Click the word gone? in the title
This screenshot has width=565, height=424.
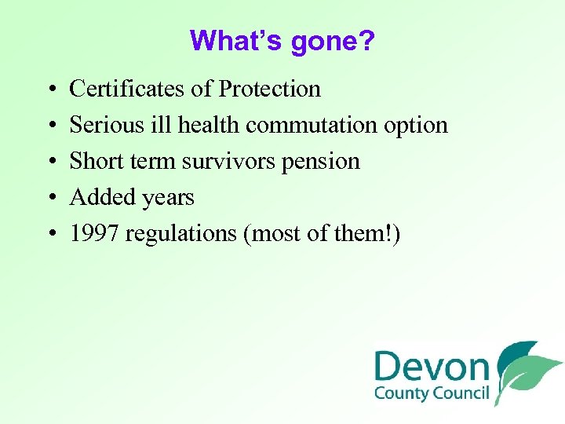tap(333, 41)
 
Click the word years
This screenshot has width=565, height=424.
tap(166, 198)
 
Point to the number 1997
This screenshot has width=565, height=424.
tap(94, 234)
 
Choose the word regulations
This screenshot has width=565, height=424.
tap(180, 234)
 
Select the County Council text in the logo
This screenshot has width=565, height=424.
tap(431, 393)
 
